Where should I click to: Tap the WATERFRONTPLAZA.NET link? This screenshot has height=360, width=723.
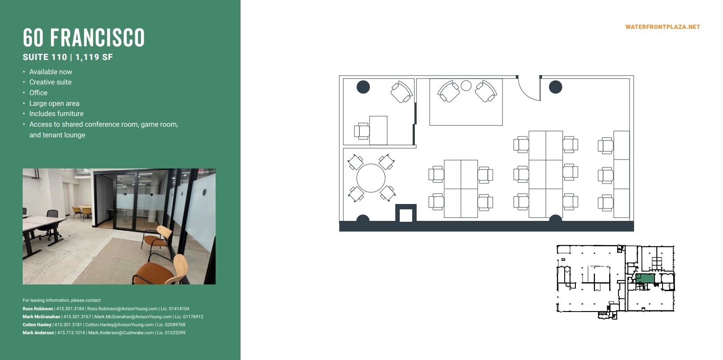point(662,27)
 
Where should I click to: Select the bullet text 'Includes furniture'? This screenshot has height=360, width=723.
point(56,114)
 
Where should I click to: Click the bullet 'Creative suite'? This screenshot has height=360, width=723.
point(50,82)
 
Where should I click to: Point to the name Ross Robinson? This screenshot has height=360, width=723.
point(38,308)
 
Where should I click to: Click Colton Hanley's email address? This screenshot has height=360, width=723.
point(119,325)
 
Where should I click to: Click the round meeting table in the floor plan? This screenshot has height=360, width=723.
point(371,178)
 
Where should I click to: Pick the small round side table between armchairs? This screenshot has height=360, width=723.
point(466,85)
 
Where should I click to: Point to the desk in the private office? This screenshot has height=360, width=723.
point(378,130)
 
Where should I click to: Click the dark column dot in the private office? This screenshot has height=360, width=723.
point(363,87)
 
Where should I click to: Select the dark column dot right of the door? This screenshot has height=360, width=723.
point(555,87)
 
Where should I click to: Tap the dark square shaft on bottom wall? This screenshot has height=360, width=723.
point(406,214)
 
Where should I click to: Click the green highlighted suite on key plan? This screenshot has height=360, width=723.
point(645,279)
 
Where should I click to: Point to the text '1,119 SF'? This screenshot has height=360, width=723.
point(94,57)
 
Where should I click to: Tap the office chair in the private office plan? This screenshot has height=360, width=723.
point(361,131)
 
